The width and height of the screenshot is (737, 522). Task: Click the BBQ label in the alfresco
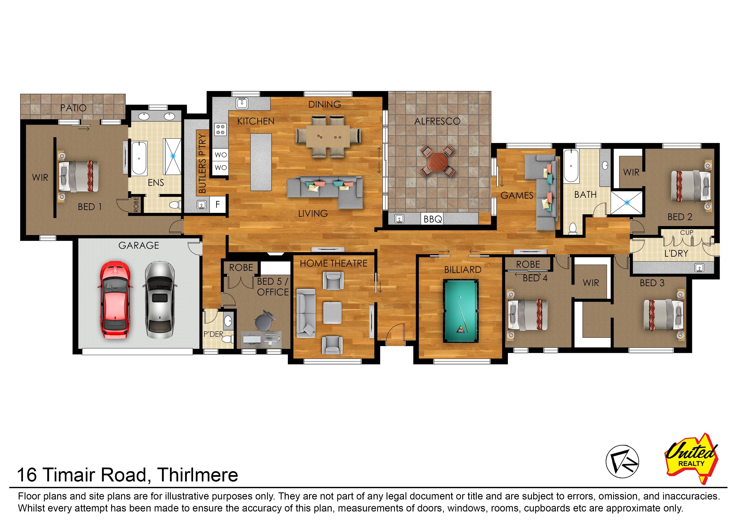point(433,219)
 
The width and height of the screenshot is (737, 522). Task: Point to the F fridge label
point(218,204)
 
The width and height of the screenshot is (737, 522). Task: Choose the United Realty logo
point(691,458)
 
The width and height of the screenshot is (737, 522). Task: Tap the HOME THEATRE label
point(333,264)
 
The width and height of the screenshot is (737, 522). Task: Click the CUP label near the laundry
point(687,232)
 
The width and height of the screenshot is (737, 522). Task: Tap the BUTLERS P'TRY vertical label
point(202,163)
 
